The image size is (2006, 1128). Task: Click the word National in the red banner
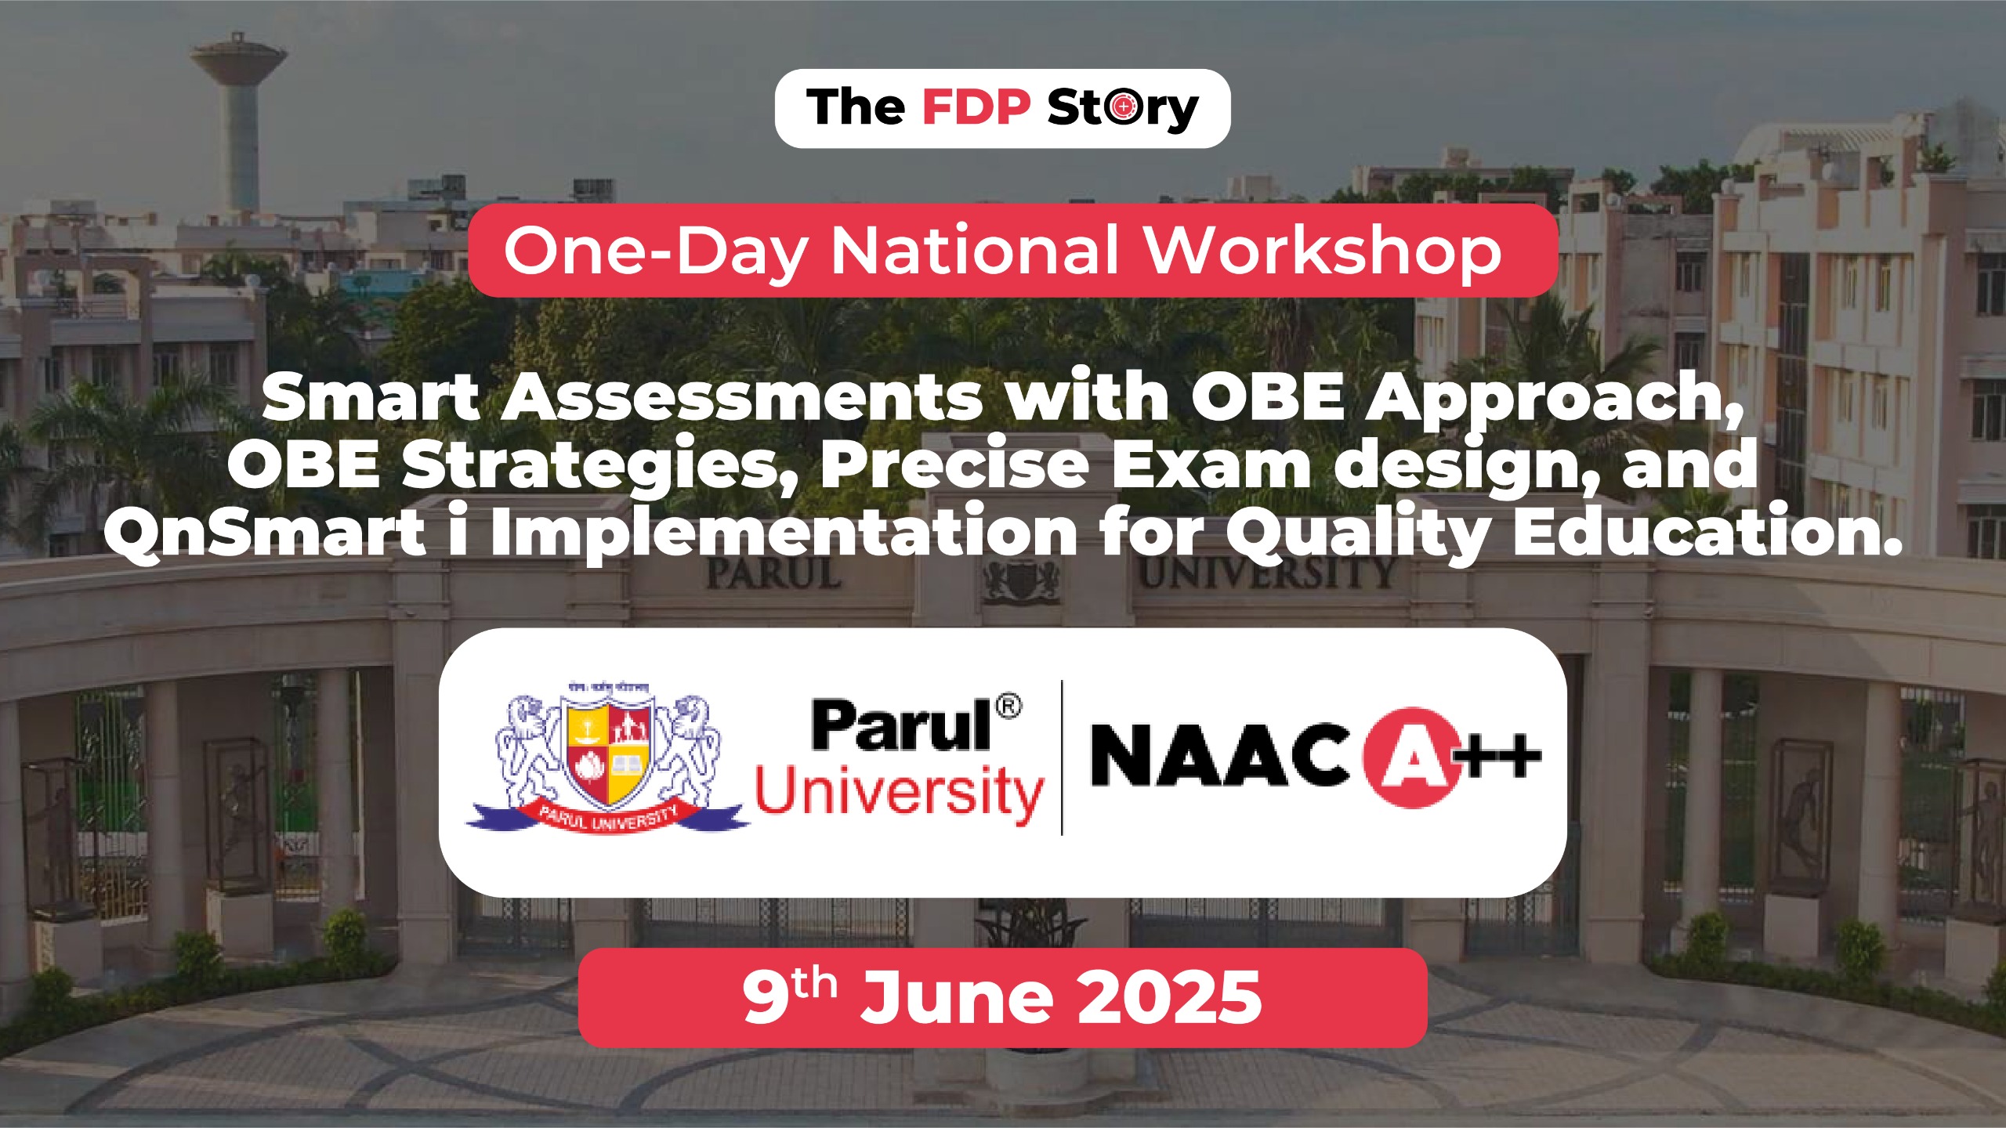(x=976, y=251)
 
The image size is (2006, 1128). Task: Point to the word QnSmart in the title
(x=265, y=533)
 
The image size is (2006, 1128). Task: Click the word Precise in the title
(x=954, y=465)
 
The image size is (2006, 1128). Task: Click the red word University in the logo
(x=899, y=792)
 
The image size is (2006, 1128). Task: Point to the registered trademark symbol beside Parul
(x=1008, y=707)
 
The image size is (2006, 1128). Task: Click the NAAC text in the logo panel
(x=1219, y=756)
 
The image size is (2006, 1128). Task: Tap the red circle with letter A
(x=1409, y=757)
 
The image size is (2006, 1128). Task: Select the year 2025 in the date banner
(x=1168, y=998)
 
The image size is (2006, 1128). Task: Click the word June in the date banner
(x=956, y=998)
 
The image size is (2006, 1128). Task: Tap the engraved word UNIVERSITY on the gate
(x=1265, y=574)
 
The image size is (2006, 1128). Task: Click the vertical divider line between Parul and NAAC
(x=1062, y=757)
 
